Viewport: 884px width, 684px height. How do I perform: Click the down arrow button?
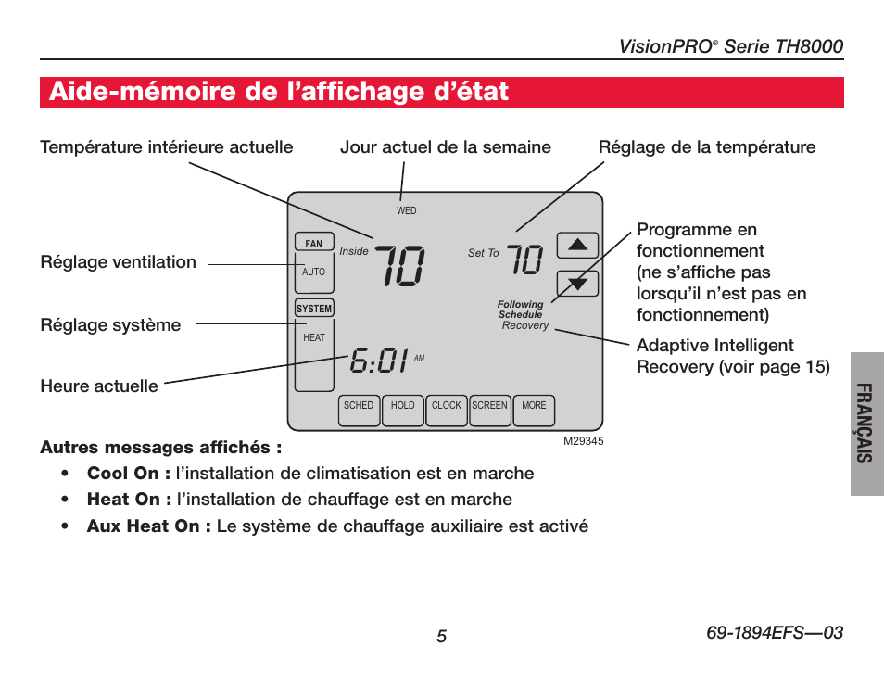[x=577, y=284]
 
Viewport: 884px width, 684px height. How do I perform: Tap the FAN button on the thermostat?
[x=314, y=244]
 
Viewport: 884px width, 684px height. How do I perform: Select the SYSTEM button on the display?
[x=314, y=309]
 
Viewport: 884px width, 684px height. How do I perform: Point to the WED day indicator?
[x=407, y=211]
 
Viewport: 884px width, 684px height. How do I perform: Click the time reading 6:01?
[x=380, y=361]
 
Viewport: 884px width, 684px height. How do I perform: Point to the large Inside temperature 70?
[x=399, y=266]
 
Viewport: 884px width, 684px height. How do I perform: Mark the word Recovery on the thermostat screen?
[x=525, y=326]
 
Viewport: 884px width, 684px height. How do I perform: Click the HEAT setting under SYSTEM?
[x=314, y=338]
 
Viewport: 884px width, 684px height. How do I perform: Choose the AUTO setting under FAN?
[x=314, y=272]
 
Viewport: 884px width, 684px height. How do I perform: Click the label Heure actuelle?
[x=99, y=386]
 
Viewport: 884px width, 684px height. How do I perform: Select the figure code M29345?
[x=584, y=442]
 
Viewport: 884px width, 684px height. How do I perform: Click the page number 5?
[x=442, y=636]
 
